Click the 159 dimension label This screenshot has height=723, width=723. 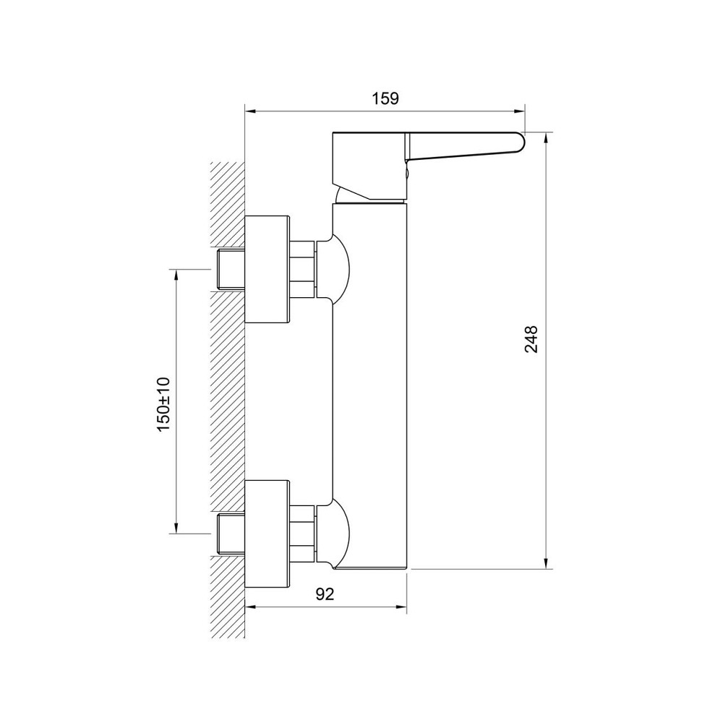pos(385,98)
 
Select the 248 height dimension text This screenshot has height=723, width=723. pos(531,339)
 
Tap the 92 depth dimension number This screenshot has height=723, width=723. pos(325,594)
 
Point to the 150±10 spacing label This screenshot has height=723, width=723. pos(163,404)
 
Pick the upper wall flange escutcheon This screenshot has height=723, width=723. pos(267,269)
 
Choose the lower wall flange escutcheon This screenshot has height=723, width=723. pos(267,534)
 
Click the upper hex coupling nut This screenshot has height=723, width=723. pos(302,269)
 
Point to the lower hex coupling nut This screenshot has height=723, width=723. pos(302,534)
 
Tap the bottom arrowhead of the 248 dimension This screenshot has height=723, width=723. pos(546,563)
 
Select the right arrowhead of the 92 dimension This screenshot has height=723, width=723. pos(401,607)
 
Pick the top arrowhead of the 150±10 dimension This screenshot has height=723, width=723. pos(175,275)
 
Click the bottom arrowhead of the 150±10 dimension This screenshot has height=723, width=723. pos(175,528)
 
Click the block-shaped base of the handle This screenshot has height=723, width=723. pos(369,166)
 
